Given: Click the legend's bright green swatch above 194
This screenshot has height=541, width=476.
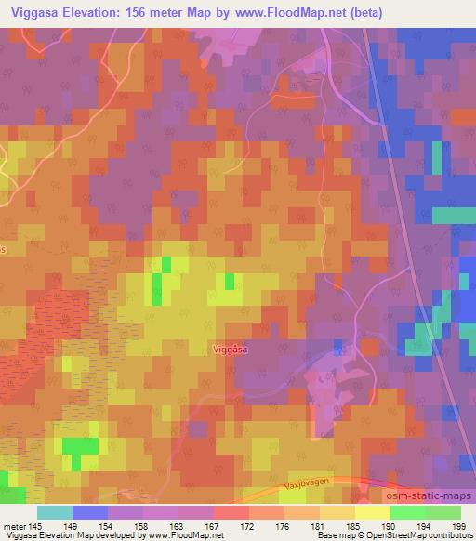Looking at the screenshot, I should click(407, 512).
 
